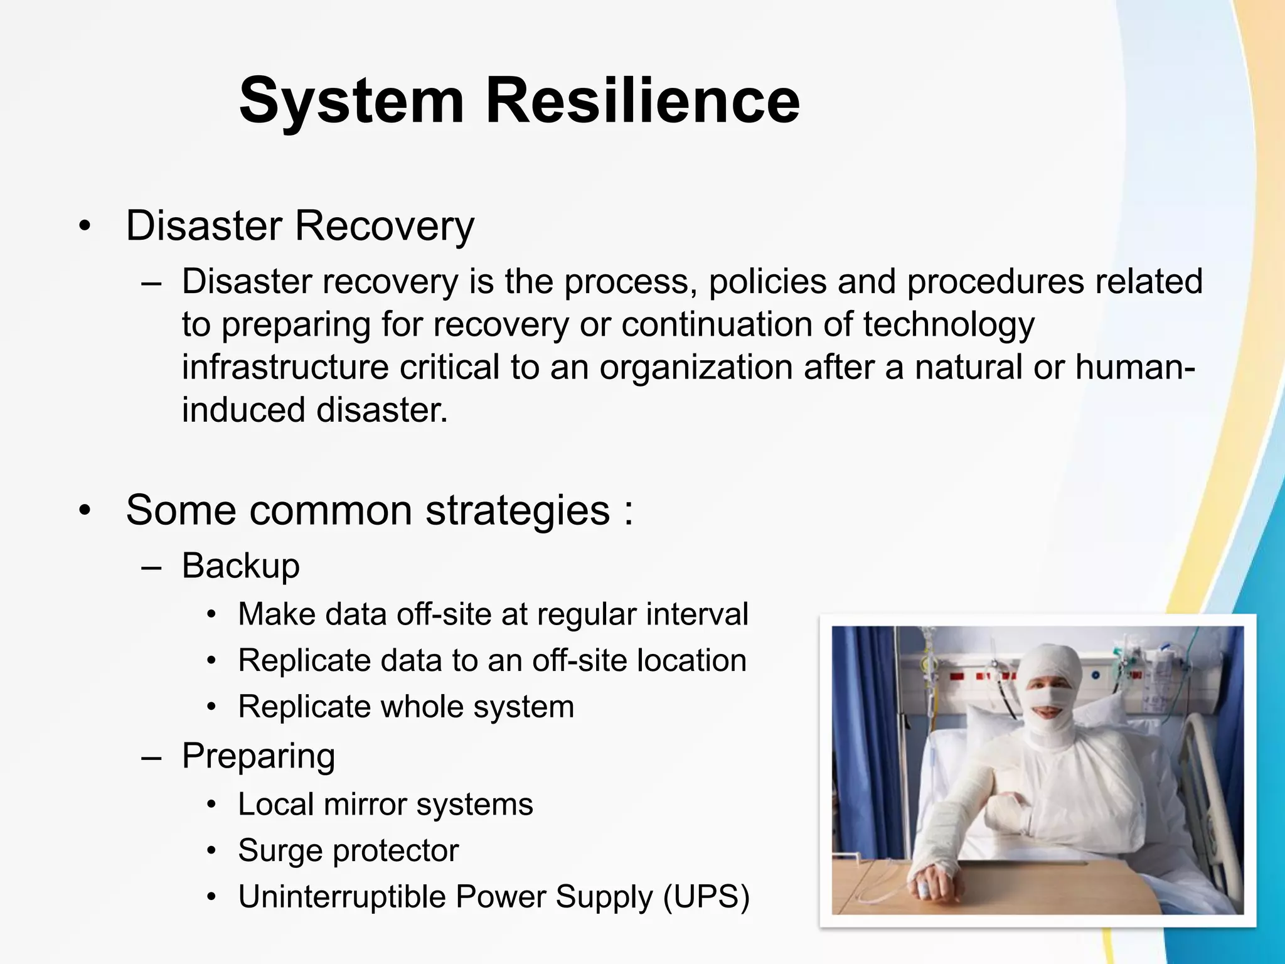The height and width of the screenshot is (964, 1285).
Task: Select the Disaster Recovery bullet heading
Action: coord(300,225)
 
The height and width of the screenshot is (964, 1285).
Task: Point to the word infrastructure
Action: coord(285,367)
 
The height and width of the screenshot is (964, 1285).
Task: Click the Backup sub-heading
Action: coord(240,566)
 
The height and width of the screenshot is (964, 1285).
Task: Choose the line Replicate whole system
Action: coord(406,707)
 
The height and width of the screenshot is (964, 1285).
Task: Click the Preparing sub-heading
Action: coord(258,756)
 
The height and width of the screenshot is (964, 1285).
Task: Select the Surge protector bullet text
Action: coord(348,851)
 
